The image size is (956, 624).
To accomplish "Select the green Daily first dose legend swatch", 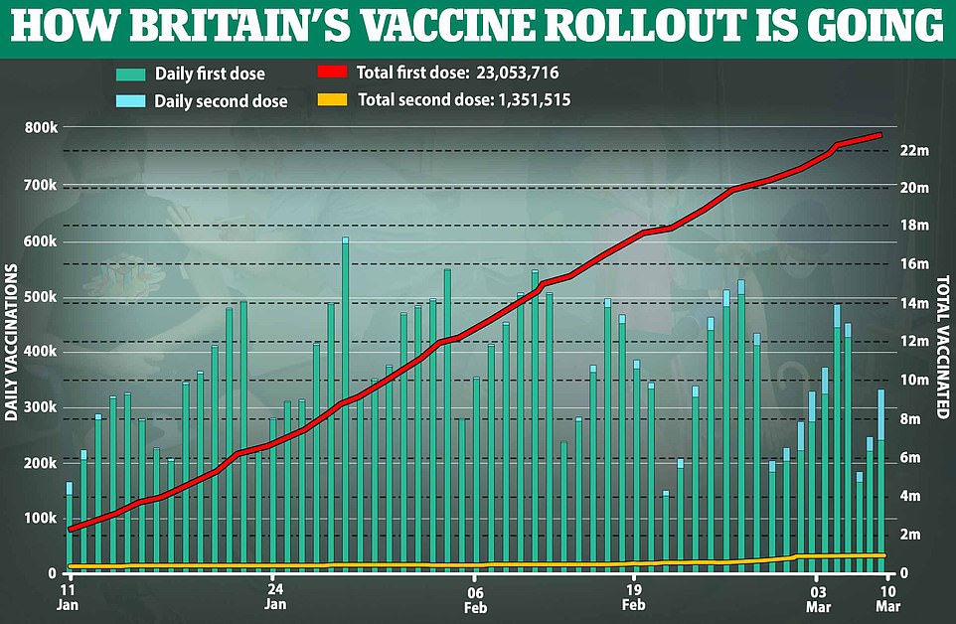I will click(130, 74).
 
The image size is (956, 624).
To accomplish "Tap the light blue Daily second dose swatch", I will click(130, 100).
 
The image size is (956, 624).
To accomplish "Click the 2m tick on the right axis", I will click(917, 536).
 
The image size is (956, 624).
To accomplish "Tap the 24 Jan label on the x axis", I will click(276, 595).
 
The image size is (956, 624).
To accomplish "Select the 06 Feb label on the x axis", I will click(475, 595).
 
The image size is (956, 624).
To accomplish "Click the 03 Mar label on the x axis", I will click(816, 595).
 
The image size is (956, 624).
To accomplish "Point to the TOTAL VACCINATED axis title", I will click(941, 342).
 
